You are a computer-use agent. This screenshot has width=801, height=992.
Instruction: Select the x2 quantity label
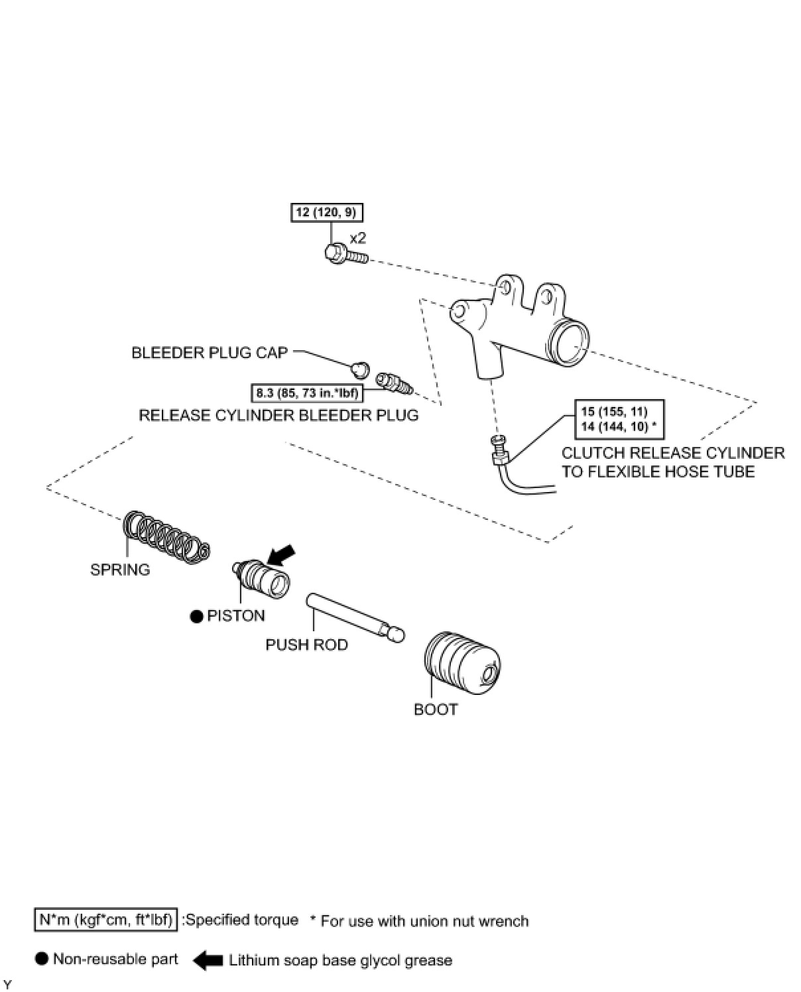pos(357,238)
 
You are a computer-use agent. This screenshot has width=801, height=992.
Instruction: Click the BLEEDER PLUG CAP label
pos(210,353)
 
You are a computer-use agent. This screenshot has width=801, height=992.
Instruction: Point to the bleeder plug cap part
pos(361,367)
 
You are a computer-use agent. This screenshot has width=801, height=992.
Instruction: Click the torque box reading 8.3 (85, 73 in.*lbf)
pos(307,393)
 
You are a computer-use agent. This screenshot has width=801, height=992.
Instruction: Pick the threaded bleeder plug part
pos(394,383)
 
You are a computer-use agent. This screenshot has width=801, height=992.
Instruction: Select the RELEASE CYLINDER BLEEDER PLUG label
pos(278,415)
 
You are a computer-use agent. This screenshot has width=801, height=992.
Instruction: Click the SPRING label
pos(120,570)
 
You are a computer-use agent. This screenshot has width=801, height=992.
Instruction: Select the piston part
pos(262,578)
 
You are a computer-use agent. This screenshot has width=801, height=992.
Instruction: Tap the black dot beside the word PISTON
pos(196,616)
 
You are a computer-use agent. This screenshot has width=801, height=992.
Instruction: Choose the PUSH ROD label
pos(306,645)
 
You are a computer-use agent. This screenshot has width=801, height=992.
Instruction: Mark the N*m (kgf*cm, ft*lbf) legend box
pos(105,920)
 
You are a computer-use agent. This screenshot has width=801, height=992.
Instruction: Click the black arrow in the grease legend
pos(208,960)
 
